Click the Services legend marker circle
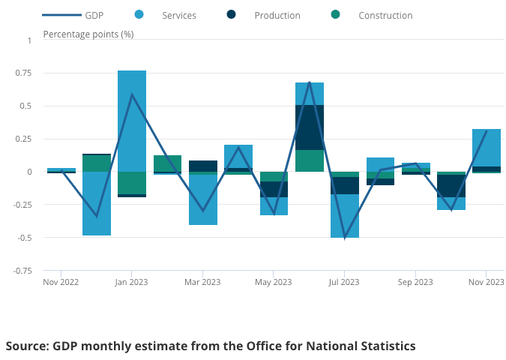tap(139, 15)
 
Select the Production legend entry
tap(277, 15)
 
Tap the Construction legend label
tap(385, 15)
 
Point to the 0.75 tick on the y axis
tap(24, 73)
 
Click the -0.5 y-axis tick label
tap(24, 238)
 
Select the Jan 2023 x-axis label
tap(131, 282)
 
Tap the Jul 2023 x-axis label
tap(344, 282)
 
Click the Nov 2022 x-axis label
tap(61, 282)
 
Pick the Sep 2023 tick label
tap(415, 282)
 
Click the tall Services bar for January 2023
tap(132, 120)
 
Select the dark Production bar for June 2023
tap(310, 127)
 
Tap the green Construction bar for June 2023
tap(310, 160)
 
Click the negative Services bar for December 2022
tap(97, 203)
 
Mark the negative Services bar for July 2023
tap(345, 216)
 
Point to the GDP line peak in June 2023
tap(309, 82)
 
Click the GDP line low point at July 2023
tap(345, 238)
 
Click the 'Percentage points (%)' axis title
tap(88, 34)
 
